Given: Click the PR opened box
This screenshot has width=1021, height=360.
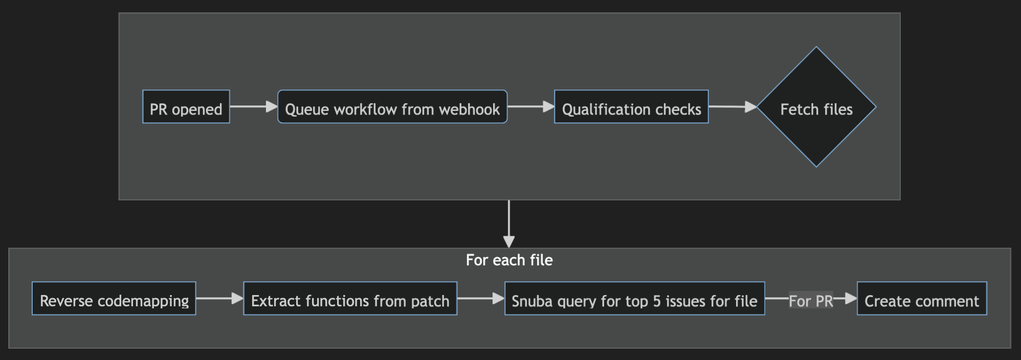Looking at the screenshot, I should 186,107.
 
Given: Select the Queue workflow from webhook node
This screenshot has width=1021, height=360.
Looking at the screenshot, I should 392,107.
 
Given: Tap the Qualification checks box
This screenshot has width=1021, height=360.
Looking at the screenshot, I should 631,107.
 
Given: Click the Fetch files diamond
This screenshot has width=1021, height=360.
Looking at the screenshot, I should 816,107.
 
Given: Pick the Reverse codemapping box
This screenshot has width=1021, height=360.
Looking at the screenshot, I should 114,299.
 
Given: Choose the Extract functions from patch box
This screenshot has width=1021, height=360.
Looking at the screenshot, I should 350,299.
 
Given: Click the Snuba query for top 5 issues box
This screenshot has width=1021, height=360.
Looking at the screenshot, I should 634,299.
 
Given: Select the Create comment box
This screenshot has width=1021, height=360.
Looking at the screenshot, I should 922,299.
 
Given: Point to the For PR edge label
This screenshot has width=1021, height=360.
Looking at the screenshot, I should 811,301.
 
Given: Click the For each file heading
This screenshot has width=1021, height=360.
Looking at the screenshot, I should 509,260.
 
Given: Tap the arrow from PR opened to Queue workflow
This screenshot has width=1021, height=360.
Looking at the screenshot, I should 253,106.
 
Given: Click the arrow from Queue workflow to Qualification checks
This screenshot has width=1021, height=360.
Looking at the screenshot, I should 530,106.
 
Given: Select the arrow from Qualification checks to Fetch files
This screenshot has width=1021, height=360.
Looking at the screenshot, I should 732,107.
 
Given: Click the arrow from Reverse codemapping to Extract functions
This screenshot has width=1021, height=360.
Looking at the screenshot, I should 219,298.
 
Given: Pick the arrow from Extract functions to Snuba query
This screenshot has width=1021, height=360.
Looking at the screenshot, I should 480,298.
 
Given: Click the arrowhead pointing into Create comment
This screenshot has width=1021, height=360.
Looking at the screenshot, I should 851,298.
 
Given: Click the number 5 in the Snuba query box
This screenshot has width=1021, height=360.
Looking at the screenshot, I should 657,301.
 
